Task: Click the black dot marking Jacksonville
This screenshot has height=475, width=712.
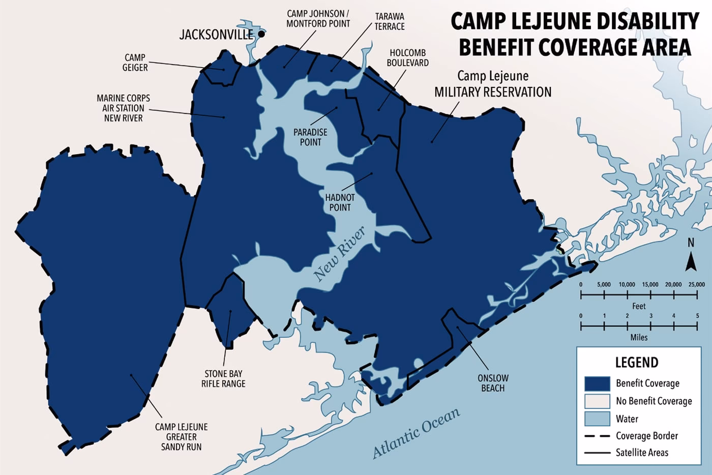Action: (261, 34)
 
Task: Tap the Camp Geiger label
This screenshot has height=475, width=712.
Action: (135, 63)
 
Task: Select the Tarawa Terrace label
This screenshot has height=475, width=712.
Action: (390, 21)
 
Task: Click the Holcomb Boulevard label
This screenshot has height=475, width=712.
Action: (407, 57)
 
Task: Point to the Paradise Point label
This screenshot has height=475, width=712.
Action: (310, 137)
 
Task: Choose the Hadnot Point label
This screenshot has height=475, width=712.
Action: (340, 202)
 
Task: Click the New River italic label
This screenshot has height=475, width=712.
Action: (339, 254)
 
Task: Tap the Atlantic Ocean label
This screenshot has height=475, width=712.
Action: (416, 433)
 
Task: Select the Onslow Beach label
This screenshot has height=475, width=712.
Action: (493, 383)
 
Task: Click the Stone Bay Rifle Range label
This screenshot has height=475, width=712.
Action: (223, 378)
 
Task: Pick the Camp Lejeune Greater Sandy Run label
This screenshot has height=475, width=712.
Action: (182, 437)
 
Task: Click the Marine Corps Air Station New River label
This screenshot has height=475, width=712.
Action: (123, 108)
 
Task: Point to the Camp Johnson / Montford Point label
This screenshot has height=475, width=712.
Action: (318, 19)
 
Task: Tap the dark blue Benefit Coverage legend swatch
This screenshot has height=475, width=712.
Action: (597, 383)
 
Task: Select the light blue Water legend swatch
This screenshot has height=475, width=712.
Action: (597, 419)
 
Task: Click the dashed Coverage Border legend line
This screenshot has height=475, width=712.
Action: (597, 436)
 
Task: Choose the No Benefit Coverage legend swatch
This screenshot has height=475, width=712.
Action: (597, 401)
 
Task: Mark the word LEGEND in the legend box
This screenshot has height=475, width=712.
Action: (637, 363)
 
